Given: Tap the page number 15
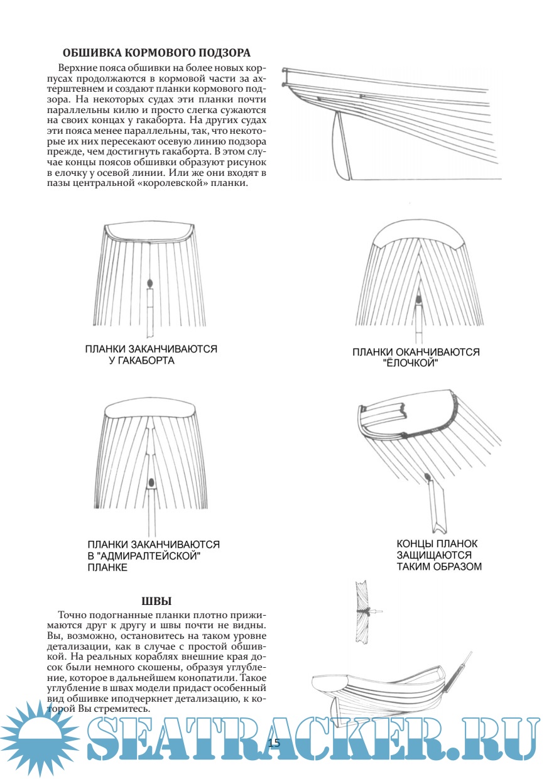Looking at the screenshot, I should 274,743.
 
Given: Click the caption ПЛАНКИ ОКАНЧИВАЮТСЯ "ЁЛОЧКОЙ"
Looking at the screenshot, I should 416,358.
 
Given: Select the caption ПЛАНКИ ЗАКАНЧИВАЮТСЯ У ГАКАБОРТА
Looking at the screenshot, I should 151,355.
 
